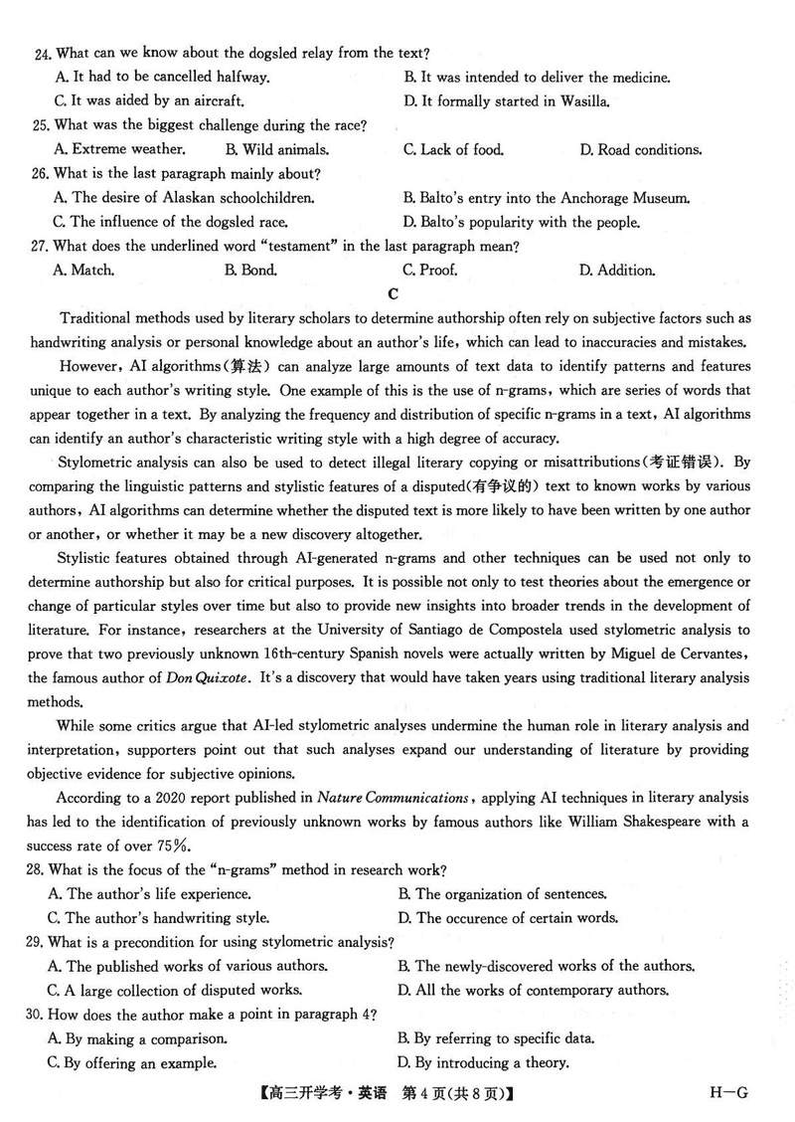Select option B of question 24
[x=537, y=77]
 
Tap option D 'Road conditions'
[x=641, y=149]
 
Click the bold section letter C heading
[x=395, y=293]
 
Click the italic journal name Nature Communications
[x=393, y=797]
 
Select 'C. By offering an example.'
[x=132, y=1062]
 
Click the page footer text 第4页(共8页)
[x=453, y=1094]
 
